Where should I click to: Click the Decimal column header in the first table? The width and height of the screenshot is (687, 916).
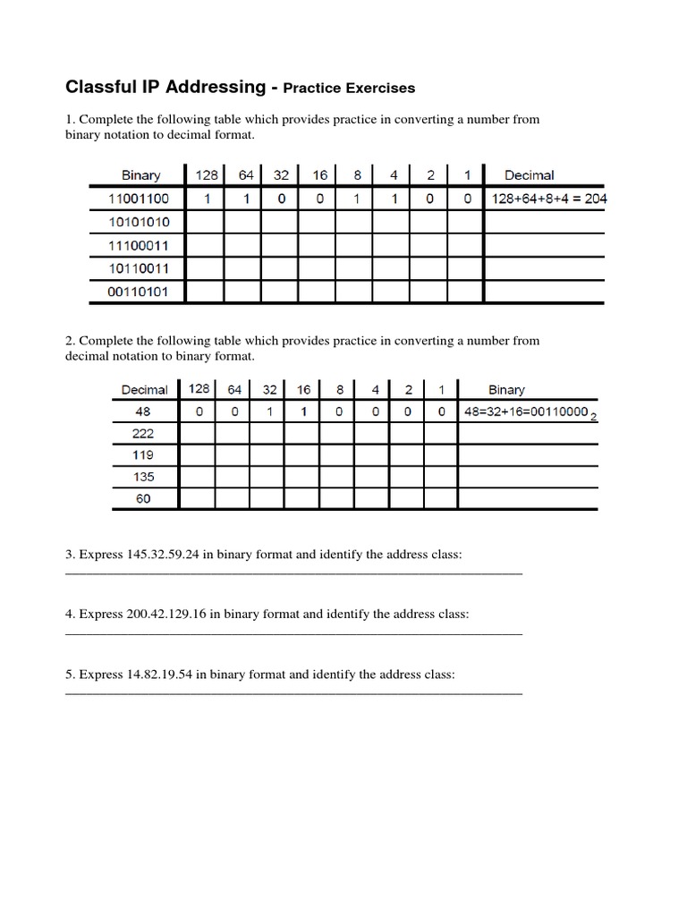(529, 175)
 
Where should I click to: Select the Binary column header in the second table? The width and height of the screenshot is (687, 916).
(506, 389)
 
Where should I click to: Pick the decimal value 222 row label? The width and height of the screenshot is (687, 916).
(143, 433)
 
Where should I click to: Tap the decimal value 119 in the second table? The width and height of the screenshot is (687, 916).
(143, 455)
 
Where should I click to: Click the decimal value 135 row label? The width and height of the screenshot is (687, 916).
(143, 477)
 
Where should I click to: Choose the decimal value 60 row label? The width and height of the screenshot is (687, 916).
(143, 499)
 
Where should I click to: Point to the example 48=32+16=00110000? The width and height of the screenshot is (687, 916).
(529, 412)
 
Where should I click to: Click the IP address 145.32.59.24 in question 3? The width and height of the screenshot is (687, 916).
(157, 555)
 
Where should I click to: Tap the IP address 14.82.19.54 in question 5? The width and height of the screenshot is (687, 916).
(155, 674)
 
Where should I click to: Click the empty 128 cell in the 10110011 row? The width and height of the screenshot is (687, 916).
(204, 268)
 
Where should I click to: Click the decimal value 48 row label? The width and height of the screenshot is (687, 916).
(143, 411)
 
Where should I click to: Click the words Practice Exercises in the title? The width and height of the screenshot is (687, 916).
(349, 88)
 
